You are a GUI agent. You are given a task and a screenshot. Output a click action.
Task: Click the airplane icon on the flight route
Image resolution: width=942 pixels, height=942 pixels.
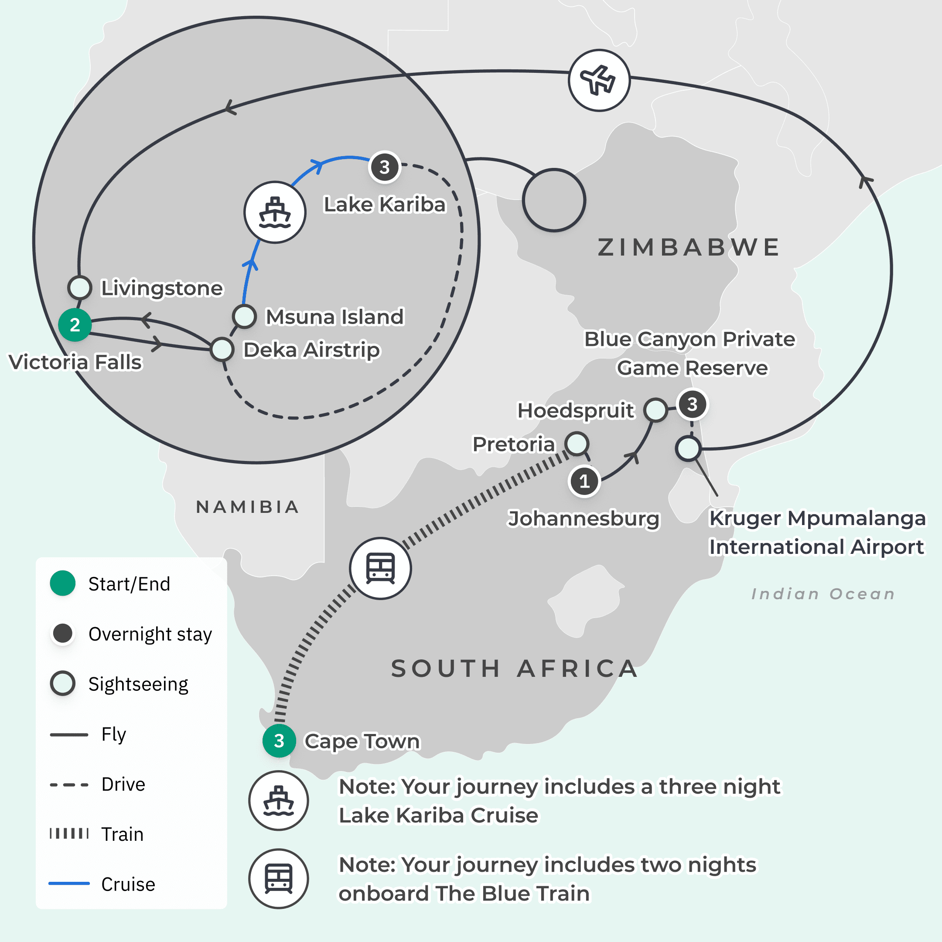pyautogui.click(x=599, y=80)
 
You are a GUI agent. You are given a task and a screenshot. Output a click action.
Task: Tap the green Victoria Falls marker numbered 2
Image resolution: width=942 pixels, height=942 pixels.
pyautogui.click(x=75, y=325)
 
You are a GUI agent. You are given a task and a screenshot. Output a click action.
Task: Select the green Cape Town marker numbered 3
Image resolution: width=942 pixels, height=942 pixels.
pyautogui.click(x=279, y=741)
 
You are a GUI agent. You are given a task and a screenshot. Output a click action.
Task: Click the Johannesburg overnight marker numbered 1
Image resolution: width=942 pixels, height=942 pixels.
pyautogui.click(x=584, y=481)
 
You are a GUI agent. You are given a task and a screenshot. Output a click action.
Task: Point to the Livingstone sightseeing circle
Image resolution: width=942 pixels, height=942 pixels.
pyautogui.click(x=79, y=287)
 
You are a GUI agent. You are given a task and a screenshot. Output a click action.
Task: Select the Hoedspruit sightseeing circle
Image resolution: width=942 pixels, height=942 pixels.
pyautogui.click(x=655, y=410)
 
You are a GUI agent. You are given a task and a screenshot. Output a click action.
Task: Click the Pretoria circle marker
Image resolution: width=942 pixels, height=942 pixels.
pyautogui.click(x=577, y=444)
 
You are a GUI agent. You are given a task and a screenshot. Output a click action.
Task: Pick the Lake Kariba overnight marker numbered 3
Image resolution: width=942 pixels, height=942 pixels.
pyautogui.click(x=384, y=167)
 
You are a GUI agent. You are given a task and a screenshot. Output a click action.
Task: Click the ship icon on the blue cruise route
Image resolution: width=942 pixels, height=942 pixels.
pyautogui.click(x=275, y=212)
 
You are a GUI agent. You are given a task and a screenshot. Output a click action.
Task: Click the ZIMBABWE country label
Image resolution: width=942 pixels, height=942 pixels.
pyautogui.click(x=689, y=247)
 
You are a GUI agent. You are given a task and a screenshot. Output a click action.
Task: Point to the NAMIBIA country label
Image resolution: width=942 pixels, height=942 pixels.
pyautogui.click(x=247, y=507)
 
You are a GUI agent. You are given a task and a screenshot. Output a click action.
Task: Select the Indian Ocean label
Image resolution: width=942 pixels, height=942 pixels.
pyautogui.click(x=823, y=594)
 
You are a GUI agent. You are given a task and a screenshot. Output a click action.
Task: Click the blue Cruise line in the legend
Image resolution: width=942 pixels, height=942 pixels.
pyautogui.click(x=69, y=883)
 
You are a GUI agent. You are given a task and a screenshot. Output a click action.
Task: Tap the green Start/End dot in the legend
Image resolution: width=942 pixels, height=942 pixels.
pyautogui.click(x=63, y=583)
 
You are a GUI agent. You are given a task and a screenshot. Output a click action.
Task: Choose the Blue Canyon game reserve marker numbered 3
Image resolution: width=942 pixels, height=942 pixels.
pyautogui.click(x=692, y=404)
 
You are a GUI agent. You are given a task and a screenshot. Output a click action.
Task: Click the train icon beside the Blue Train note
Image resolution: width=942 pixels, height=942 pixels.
pyautogui.click(x=278, y=879)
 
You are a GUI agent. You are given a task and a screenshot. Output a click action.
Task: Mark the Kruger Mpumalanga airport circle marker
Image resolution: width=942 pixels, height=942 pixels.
pyautogui.click(x=688, y=449)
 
